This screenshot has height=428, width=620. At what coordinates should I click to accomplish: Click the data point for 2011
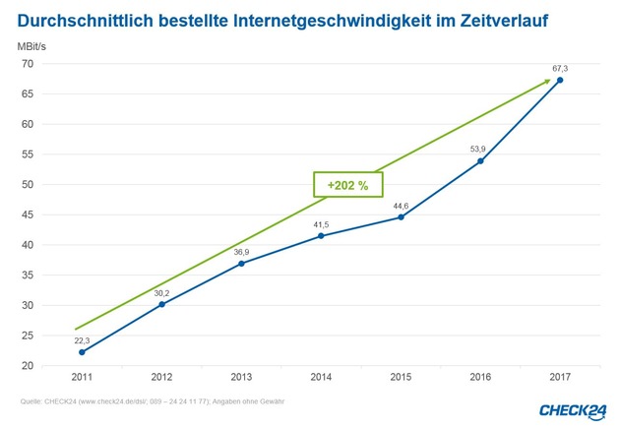coord(82,352)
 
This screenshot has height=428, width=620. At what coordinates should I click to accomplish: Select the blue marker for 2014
coord(321,236)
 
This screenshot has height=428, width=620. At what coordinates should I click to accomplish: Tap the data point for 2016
coord(480,161)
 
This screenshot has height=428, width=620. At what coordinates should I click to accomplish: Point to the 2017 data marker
coord(560,81)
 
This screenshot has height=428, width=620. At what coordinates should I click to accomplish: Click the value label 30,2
coord(161,292)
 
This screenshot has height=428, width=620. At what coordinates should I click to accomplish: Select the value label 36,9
coord(241,252)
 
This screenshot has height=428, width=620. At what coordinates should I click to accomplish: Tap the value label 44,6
coord(401,206)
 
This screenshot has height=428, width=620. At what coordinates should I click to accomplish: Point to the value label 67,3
coord(560,68)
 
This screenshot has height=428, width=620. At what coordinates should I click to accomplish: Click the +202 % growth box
coord(347,184)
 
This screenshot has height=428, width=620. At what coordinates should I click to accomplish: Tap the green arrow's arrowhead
coord(546,83)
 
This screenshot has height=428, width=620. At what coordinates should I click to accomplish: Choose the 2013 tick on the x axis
coord(241,376)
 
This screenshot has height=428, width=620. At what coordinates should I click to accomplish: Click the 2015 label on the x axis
coord(401,376)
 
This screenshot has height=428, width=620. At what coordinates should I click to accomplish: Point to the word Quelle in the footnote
coord(31,400)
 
